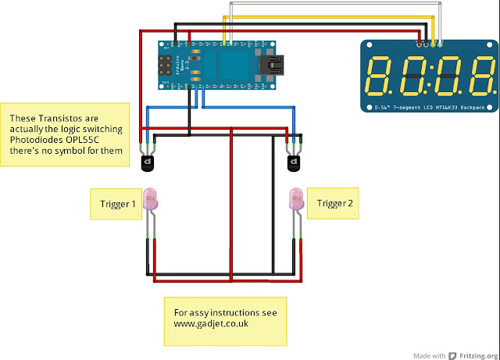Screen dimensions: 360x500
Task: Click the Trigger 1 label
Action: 117,205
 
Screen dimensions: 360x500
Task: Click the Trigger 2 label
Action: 335,205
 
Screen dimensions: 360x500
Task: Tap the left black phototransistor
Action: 147,162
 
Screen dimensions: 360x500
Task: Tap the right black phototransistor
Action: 294,162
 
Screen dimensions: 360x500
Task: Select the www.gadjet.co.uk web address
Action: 211,323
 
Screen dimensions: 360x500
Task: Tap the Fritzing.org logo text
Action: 470,353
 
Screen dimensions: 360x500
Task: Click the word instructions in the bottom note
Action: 230,312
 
